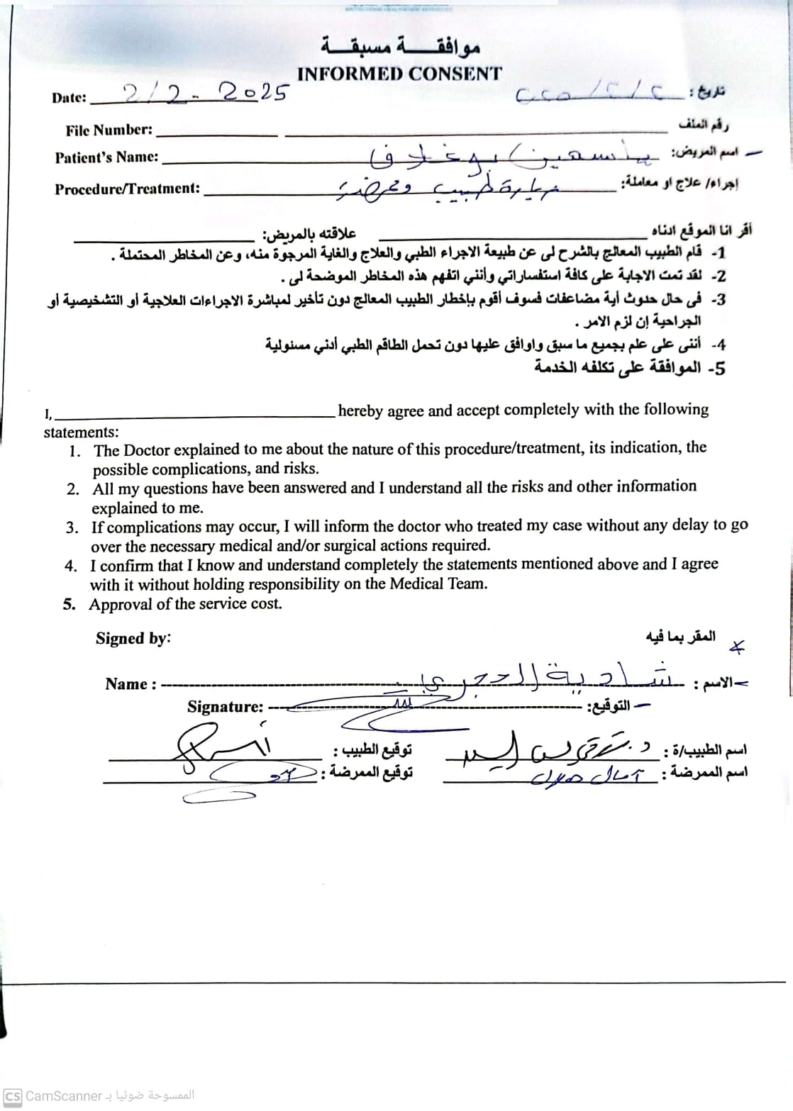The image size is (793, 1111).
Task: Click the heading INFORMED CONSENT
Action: (399, 74)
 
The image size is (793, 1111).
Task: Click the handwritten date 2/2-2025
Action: (206, 93)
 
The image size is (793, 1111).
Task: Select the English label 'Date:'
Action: (70, 99)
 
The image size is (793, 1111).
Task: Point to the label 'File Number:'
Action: (109, 130)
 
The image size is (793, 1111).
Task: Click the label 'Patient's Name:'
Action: (106, 157)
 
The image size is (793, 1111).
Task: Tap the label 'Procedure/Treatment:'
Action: (128, 189)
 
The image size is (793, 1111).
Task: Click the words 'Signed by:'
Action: (133, 638)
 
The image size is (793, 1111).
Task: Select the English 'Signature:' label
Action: (225, 707)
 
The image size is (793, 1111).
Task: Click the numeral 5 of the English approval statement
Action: (69, 605)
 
